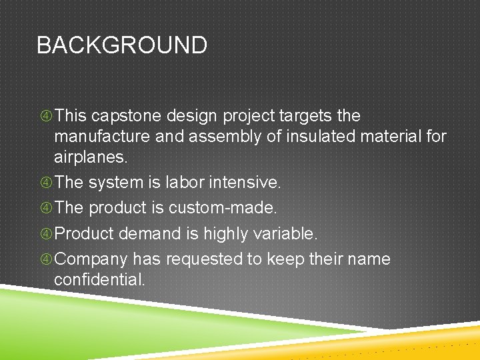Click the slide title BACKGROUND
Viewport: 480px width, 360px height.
click(x=121, y=45)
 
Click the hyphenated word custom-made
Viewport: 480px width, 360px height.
click(x=222, y=208)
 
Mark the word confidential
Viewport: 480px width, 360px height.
click(x=99, y=280)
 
